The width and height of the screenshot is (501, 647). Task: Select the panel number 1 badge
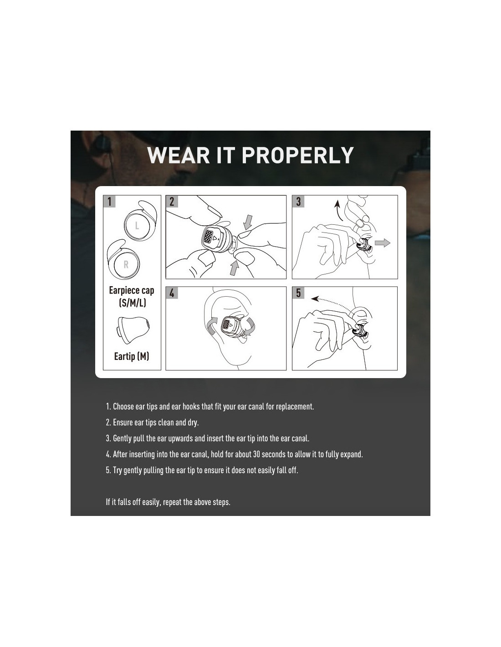point(109,201)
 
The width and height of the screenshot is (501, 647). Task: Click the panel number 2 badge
point(172,201)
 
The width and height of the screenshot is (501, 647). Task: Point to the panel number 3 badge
point(298,201)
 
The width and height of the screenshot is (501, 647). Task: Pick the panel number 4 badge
point(172,293)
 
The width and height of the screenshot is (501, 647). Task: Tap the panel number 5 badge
point(298,293)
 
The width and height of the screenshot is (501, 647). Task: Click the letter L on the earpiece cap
point(137,225)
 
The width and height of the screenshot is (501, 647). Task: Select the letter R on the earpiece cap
point(126,264)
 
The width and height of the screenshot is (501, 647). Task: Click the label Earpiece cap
point(132,290)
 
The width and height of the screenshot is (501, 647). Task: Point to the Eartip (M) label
point(132,356)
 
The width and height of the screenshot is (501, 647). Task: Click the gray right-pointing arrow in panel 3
point(382,243)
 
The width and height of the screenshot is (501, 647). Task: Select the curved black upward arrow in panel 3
point(338,210)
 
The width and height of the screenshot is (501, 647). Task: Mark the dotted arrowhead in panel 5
point(314,298)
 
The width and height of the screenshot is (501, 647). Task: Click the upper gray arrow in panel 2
point(247,222)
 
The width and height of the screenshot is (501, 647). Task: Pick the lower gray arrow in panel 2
point(234,268)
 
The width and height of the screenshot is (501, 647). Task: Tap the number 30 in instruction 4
point(256,454)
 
